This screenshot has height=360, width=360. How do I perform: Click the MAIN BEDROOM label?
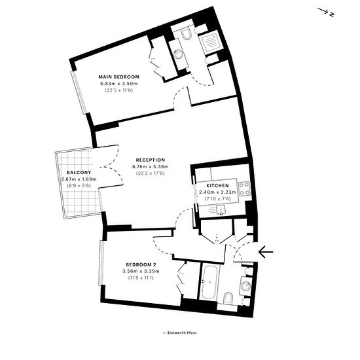coord(118,77)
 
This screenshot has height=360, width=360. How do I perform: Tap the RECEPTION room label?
coord(151,160)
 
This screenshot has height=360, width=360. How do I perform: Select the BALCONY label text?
coord(79,172)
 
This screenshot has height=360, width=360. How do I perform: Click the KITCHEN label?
coord(217,185)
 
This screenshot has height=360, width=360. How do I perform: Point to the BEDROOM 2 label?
coord(141,264)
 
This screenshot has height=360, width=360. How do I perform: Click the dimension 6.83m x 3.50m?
coord(118,83)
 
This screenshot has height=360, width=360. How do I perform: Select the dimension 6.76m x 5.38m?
coord(151,166)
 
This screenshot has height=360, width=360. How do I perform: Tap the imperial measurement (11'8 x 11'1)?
coord(141,278)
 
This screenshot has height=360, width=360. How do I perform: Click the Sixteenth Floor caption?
coord(180,333)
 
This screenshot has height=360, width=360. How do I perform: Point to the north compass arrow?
coord(323,10)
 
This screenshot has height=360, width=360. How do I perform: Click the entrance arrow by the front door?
coord(266,252)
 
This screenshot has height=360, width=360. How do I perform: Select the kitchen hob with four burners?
coord(244,189)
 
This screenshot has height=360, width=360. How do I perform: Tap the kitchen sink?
coord(221,210)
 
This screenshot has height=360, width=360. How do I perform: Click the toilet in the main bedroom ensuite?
coord(187,33)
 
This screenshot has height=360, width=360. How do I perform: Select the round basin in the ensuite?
coord(178,54)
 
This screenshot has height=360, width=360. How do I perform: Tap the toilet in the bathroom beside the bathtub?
coord(228,298)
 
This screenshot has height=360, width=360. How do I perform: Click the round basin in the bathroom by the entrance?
coord(246,286)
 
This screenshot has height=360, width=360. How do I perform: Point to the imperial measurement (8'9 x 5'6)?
coord(79,185)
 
